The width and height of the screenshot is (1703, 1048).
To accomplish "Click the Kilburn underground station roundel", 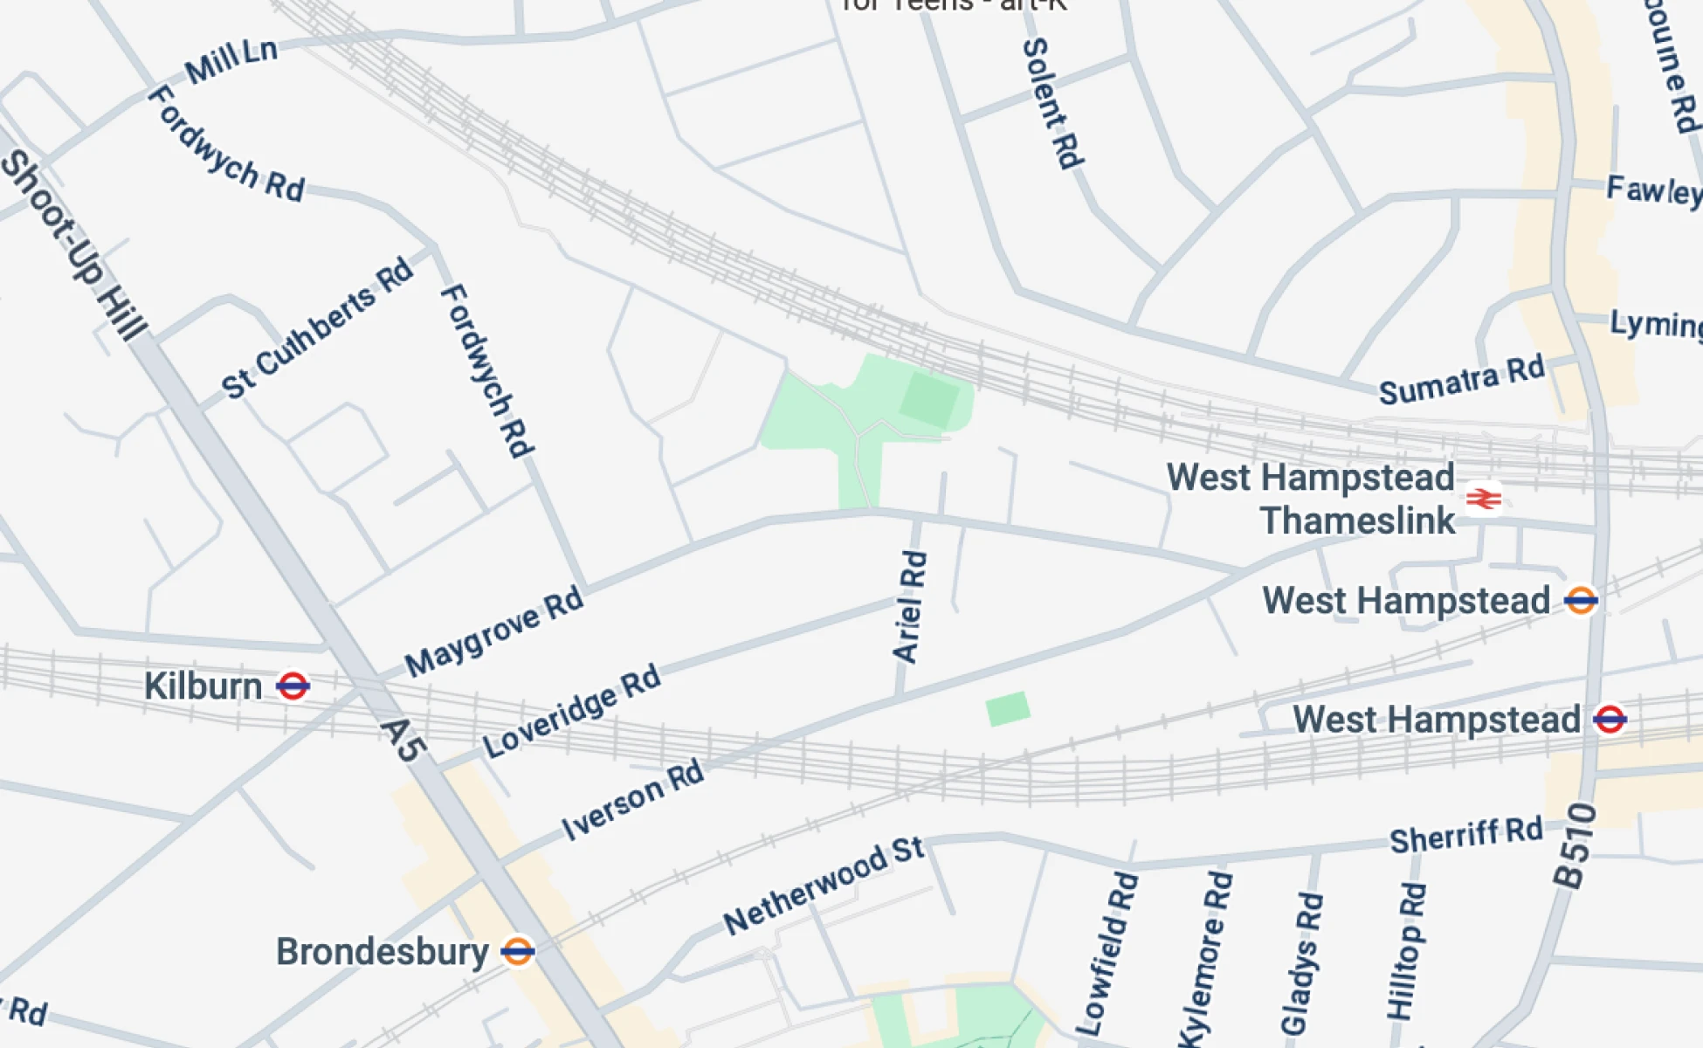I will tap(293, 686).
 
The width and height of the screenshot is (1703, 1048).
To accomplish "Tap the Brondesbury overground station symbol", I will tap(517, 951).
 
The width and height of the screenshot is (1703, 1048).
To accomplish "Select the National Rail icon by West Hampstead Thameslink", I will tap(1483, 499).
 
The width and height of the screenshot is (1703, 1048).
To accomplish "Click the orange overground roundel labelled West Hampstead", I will tap(1580, 601).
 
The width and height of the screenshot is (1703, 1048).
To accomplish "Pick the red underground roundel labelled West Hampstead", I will tap(1610, 720).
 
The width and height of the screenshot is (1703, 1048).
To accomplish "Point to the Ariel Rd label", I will tap(909, 606).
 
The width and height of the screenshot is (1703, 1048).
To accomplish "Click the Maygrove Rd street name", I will tap(493, 632).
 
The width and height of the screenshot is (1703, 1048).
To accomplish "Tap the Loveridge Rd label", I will tap(572, 711).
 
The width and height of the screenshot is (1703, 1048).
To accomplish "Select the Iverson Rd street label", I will tap(632, 799).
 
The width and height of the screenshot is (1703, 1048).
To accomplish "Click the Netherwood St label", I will tap(823, 886).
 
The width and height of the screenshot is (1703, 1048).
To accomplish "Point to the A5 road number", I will tap(404, 741).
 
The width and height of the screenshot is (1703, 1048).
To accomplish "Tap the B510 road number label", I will tap(1575, 845).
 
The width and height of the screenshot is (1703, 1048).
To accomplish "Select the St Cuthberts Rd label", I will tap(316, 328).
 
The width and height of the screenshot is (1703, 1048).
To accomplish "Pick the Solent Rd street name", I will tap(1053, 103).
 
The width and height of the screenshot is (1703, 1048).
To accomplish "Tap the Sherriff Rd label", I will tap(1465, 835).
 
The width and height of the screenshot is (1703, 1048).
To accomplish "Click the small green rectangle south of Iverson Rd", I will tap(1008, 708).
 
